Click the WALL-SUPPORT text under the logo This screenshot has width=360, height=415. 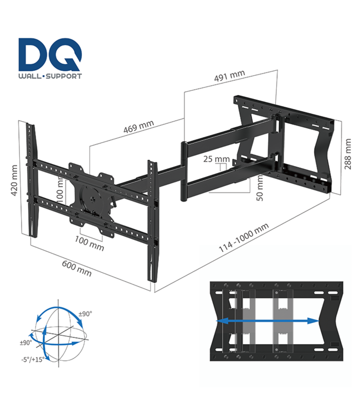click(x=50, y=76)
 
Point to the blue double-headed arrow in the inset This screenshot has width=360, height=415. click(x=267, y=320)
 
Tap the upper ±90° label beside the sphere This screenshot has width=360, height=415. click(x=85, y=314)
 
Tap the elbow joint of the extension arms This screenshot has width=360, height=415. click(x=184, y=172)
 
